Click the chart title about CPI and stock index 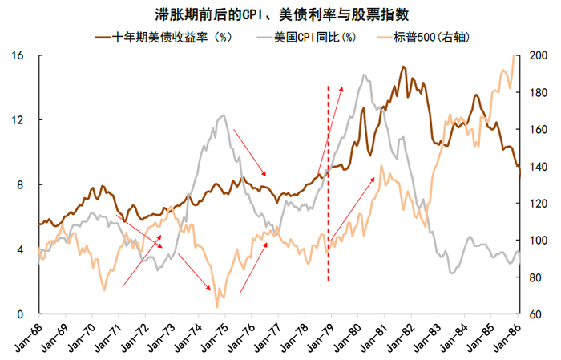point(280,14)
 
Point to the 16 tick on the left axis point(18,55)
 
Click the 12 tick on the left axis point(18,120)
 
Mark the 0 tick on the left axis point(22,314)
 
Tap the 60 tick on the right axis point(538,314)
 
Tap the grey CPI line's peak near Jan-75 point(223,115)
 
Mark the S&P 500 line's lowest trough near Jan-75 point(217,306)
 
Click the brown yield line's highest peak point(403,67)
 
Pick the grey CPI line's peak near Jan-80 point(364,75)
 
